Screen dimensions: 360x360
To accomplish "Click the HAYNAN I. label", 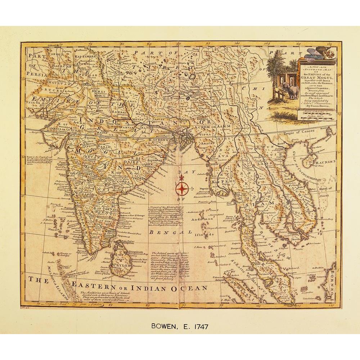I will (325, 163).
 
